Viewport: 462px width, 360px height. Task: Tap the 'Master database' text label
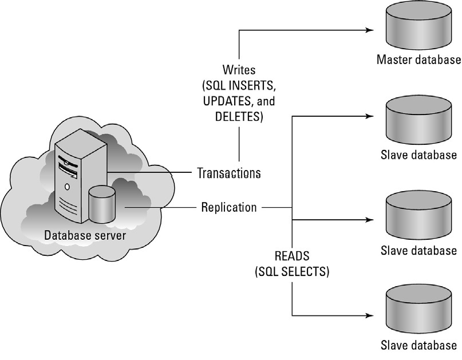point(418,59)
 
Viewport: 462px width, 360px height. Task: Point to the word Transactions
point(229,172)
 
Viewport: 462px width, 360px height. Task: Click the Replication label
point(229,207)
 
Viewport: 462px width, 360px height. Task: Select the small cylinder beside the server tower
point(102,204)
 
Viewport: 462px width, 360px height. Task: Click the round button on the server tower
point(67,187)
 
